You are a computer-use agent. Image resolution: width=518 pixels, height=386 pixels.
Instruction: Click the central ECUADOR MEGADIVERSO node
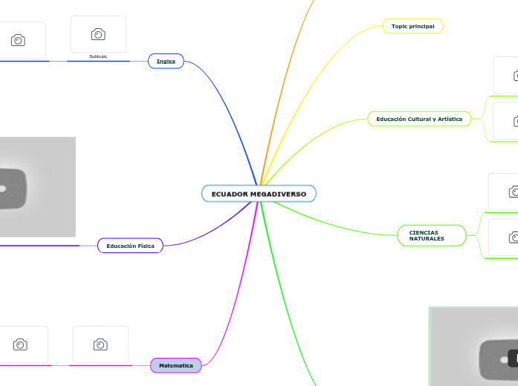click(259, 194)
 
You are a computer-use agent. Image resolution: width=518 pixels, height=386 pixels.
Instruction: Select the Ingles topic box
click(166, 61)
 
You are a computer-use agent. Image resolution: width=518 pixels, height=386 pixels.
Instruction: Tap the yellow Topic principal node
click(412, 26)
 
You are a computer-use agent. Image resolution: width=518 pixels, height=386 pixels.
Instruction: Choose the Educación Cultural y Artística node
click(419, 119)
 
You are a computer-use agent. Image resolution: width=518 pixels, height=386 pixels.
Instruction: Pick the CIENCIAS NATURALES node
click(432, 235)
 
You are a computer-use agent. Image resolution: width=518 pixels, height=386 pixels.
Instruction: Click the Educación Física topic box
click(130, 246)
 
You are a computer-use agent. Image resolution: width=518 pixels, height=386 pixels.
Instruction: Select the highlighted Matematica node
click(176, 365)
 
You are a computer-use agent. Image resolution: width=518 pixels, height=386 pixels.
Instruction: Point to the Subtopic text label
click(98, 56)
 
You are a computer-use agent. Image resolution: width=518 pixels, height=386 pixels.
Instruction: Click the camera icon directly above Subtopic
click(98, 34)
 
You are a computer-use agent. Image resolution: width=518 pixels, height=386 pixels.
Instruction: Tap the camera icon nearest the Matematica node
click(100, 344)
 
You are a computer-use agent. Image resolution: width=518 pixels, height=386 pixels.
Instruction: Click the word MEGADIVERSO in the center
click(278, 194)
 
